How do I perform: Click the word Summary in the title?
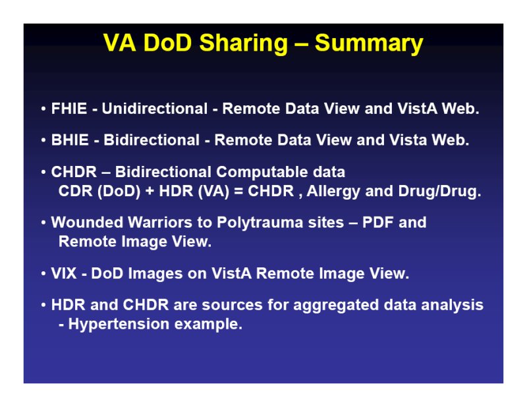coord(369,44)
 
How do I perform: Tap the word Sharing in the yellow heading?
coord(243,44)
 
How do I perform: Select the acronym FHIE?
coord(69,109)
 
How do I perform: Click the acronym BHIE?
coord(70,140)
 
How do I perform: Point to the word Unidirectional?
coord(155,109)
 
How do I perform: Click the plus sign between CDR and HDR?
coord(150,191)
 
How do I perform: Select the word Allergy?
coord(333,192)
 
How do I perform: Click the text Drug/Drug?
coord(439,192)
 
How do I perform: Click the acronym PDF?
coord(377,222)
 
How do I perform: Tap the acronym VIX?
coord(64,273)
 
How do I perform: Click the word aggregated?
coord(336,306)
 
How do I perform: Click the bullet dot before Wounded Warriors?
coord(43,223)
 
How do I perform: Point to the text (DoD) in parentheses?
coord(119,192)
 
